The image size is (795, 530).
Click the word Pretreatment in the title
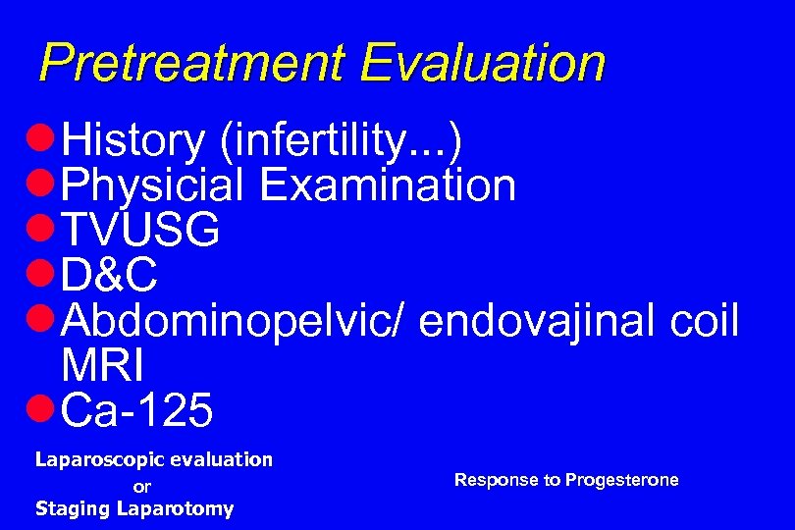click(x=192, y=64)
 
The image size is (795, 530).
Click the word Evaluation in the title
click(x=482, y=63)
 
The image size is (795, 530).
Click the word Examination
click(x=387, y=185)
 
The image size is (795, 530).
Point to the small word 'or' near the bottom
click(x=142, y=486)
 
